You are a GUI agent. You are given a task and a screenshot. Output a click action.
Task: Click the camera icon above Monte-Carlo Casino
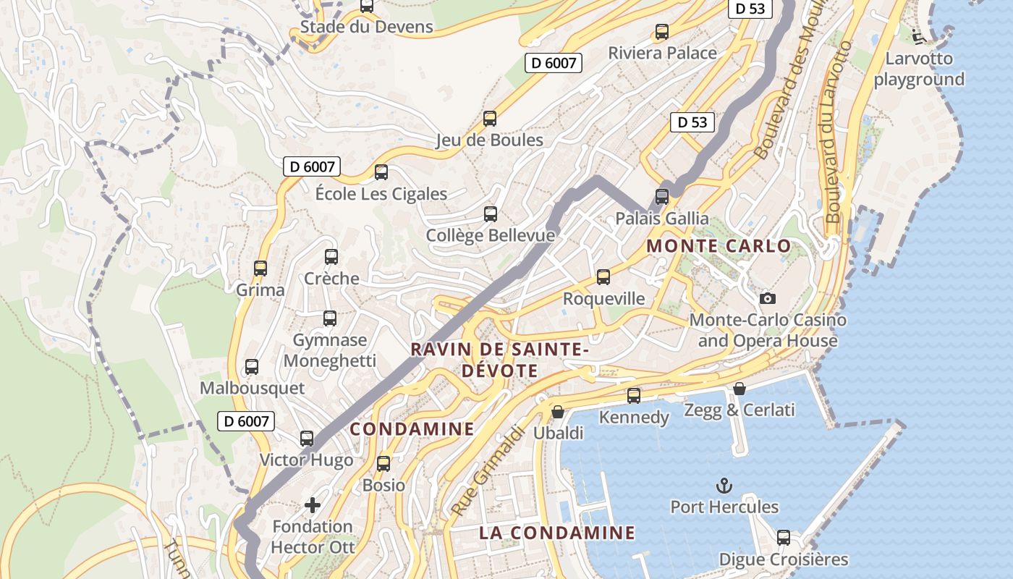coord(768,298)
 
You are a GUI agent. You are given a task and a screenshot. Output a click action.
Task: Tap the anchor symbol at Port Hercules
coord(724,486)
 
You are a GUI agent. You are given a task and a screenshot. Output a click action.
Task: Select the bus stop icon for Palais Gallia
coord(661,196)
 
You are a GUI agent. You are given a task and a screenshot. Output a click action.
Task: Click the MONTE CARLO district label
coord(719,246)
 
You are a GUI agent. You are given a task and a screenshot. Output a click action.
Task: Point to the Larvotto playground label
coord(919,69)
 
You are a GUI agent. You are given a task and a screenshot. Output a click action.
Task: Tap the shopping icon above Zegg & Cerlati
coord(739,389)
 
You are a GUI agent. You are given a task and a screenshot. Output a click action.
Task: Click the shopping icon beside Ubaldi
coord(558,412)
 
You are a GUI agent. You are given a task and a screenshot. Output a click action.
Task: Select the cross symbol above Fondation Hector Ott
coord(313,504)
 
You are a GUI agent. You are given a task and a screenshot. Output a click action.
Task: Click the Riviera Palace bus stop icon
coord(661,32)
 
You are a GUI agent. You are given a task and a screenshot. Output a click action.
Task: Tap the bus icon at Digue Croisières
coord(784,538)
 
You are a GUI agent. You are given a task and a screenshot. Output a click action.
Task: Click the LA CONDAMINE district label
coord(557,533)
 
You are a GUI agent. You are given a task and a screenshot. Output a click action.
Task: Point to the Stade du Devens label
coord(366,28)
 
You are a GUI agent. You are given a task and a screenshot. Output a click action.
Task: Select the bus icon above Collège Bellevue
coord(491,214)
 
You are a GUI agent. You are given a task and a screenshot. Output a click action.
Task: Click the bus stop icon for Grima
coord(260,269)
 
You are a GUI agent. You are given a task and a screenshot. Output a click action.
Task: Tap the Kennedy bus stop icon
coord(634,396)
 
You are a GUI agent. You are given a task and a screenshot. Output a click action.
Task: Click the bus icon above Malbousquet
coord(252,367)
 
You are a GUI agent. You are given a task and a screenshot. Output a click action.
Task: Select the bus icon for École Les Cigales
coord(381,172)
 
